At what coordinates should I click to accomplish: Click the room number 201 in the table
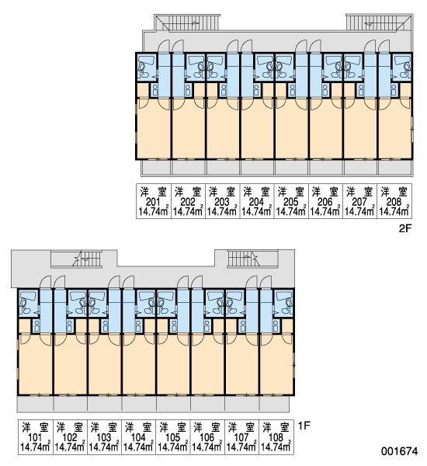(x=153, y=202)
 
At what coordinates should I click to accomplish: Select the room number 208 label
(x=394, y=202)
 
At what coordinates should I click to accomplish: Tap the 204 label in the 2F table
(x=256, y=202)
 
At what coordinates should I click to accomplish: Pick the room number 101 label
(x=36, y=438)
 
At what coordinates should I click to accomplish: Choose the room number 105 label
(x=173, y=438)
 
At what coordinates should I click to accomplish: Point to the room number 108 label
(x=276, y=438)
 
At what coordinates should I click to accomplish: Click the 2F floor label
(x=405, y=228)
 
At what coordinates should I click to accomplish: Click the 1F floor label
(x=304, y=426)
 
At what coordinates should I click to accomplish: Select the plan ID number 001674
(x=400, y=451)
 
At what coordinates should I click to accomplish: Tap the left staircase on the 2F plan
(x=187, y=23)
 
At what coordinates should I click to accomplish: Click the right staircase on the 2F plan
(x=379, y=22)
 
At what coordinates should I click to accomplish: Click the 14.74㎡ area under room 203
(x=222, y=211)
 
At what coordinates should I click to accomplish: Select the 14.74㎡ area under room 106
(x=207, y=447)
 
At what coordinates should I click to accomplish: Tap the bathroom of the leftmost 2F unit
(x=147, y=67)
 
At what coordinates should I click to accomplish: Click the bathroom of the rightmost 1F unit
(x=284, y=303)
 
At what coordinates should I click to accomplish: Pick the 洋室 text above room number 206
(x=325, y=192)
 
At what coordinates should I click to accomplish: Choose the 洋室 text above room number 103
(x=104, y=427)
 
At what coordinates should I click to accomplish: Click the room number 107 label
(x=241, y=438)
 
